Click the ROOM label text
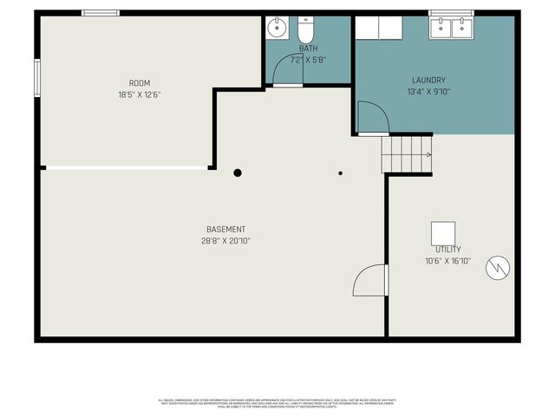point(140,82)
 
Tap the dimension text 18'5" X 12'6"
point(140,94)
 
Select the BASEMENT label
point(225,229)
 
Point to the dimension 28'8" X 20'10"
point(225,241)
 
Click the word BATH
point(309,49)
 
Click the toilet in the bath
point(304,29)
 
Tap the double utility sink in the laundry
point(451,28)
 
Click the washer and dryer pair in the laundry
point(378,28)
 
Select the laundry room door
point(371,118)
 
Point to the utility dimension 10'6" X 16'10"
point(448,260)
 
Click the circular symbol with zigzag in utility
point(498,269)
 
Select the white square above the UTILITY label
point(443,232)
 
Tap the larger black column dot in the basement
point(238,172)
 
